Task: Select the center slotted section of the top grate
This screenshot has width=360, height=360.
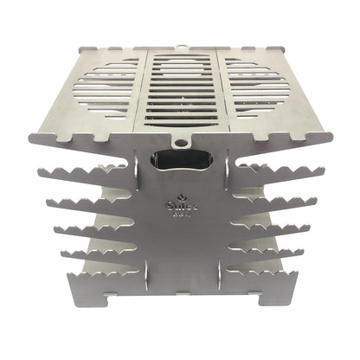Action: (x=182, y=91)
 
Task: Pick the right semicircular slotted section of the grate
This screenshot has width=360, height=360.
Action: (x=257, y=87)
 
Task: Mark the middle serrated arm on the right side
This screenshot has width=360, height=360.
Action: (x=268, y=227)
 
